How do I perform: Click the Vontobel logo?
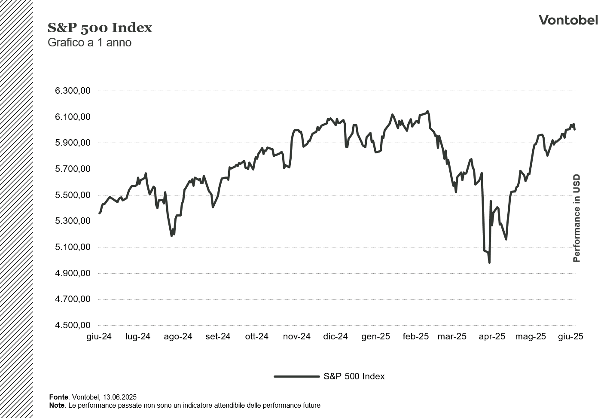coord(568,20)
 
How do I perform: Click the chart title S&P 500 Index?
coord(100,28)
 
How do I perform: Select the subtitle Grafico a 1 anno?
coord(89,43)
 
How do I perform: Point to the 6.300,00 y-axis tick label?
coord(72,91)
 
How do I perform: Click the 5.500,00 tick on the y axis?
coord(72,195)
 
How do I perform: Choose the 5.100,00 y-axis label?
coord(72,247)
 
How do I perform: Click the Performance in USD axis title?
coord(576,218)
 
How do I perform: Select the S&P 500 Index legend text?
coord(354,377)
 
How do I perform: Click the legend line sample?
coord(296,377)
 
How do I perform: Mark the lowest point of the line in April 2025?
coord(489,262)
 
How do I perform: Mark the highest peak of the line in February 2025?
coord(427,111)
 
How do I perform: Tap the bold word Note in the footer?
coord(57,406)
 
